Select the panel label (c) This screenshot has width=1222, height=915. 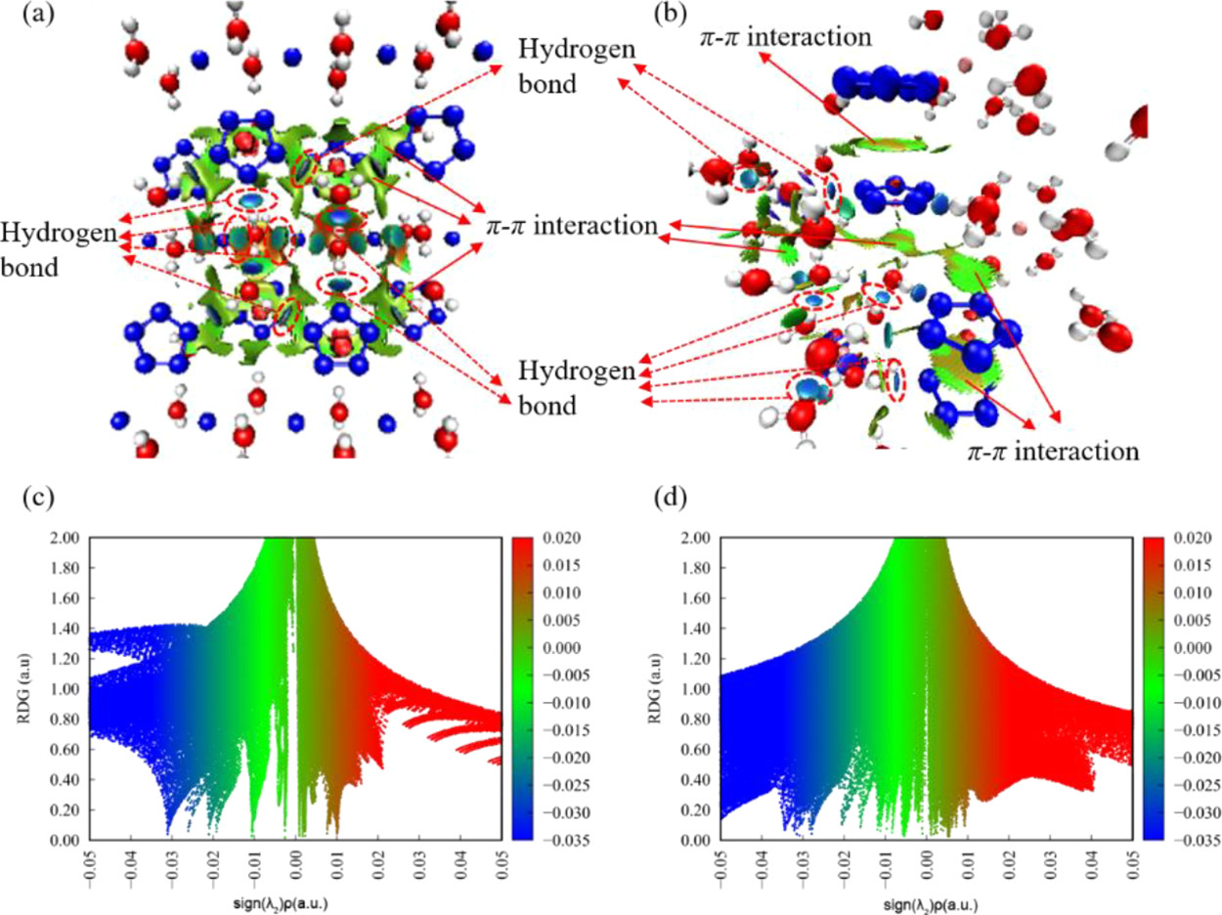pos(36,501)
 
